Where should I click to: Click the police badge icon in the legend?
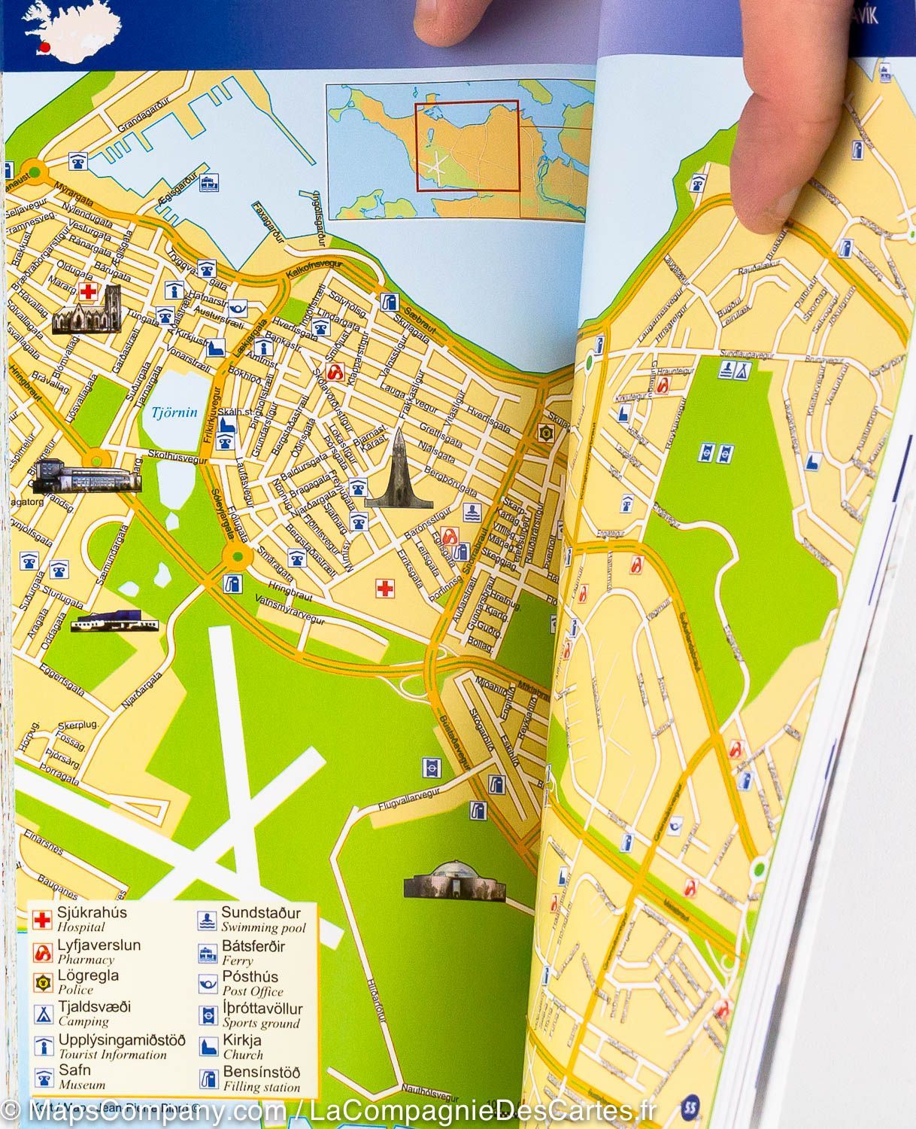tap(43, 981)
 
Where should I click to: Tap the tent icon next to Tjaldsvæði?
tap(43, 1013)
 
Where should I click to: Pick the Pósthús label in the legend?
tap(249, 977)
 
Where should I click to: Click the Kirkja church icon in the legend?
tap(208, 1045)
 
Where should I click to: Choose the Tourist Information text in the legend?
tap(112, 1054)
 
